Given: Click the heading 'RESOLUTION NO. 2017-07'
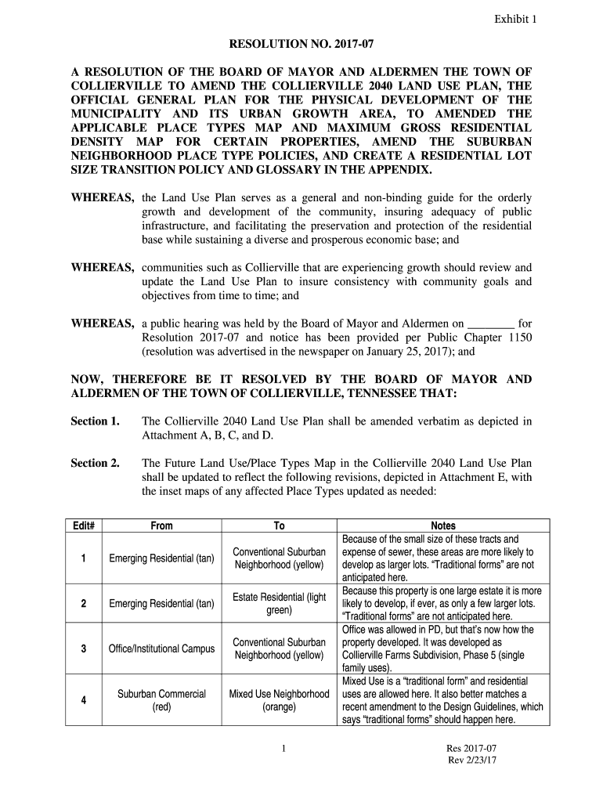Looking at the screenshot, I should point(301,47).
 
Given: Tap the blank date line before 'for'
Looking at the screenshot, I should point(490,323).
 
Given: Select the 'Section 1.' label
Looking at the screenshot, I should point(95,421).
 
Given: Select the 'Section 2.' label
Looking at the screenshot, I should point(95,463).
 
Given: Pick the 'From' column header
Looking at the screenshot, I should point(161,526).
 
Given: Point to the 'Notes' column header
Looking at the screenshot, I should point(443,526).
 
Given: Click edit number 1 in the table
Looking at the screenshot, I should point(82,558).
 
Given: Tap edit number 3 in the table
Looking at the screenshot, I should point(82,648).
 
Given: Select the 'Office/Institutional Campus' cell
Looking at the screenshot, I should point(161,648).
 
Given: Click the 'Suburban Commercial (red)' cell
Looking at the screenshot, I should point(161,700).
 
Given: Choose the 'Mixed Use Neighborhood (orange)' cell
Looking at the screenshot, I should point(280,700).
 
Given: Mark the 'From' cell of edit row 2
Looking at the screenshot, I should point(161,604).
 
